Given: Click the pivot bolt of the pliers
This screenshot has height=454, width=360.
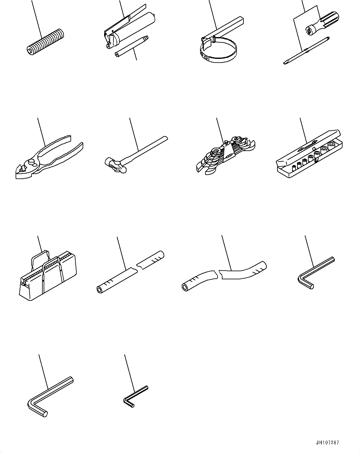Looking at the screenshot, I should pos(31,163).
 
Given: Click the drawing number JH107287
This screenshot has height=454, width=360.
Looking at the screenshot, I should pos(327,442).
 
